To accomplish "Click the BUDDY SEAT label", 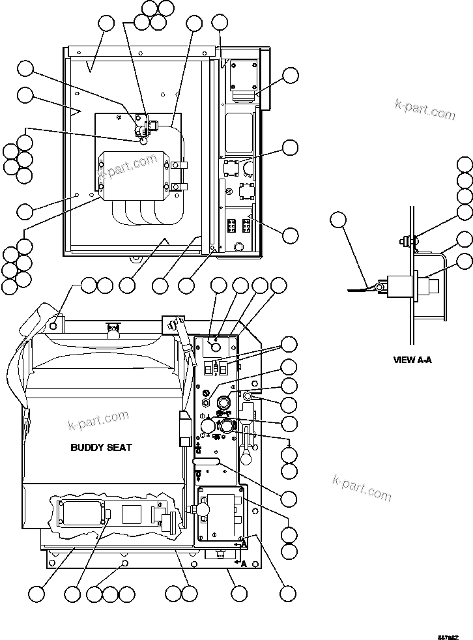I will pyautogui.click(x=100, y=447).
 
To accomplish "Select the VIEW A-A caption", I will pyautogui.click(x=412, y=359).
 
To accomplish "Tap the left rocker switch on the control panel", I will pyautogui.click(x=211, y=368).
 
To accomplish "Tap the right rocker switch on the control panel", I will pyautogui.click(x=222, y=368).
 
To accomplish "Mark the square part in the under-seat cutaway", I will pyautogui.click(x=130, y=514).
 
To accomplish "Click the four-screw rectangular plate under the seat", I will pyautogui.click(x=82, y=516).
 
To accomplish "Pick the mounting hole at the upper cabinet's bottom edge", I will pyautogui.click(x=135, y=257).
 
